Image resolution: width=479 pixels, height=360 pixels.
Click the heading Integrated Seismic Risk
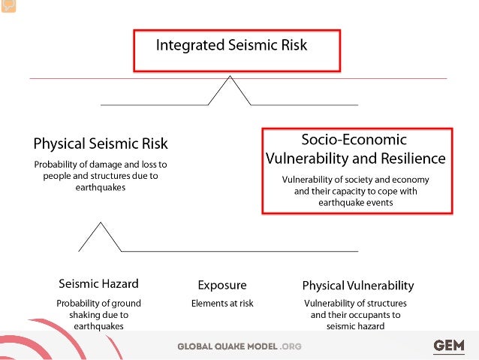[x=231, y=45]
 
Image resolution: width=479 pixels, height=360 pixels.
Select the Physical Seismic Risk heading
[x=101, y=144]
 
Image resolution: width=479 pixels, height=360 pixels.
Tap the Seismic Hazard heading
[x=98, y=284]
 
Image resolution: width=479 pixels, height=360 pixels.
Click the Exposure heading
[x=221, y=285]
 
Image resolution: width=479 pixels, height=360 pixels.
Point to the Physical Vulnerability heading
[x=357, y=286]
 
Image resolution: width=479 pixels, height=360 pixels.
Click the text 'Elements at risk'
[x=222, y=304]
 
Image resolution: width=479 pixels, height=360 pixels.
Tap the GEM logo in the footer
[x=449, y=346]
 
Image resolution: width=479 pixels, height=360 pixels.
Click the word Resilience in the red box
[x=409, y=159]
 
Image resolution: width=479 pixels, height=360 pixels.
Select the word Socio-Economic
[x=354, y=140]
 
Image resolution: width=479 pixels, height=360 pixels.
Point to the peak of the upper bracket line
[x=229, y=78]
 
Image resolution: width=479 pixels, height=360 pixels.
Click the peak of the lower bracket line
[x=99, y=223]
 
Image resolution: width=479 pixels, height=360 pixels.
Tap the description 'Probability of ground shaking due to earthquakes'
[x=98, y=315]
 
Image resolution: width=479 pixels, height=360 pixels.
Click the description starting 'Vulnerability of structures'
[x=356, y=315]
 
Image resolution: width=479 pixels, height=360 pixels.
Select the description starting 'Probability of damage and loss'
[x=100, y=176]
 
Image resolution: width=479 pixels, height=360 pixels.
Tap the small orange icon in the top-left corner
[x=7, y=6]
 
